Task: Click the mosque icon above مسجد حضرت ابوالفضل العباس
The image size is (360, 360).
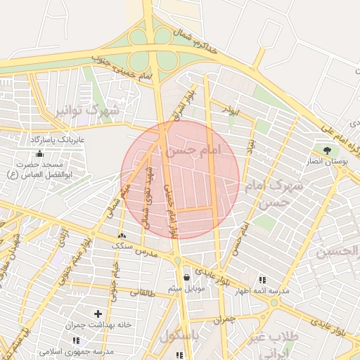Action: tap(40, 153)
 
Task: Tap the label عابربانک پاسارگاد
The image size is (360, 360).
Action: tap(58, 140)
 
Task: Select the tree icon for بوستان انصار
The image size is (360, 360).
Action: tap(327, 150)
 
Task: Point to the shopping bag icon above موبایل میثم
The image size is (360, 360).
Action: tap(186, 277)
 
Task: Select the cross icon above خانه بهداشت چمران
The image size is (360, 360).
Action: tap(97, 314)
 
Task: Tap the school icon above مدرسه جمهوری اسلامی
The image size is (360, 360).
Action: tap(75, 340)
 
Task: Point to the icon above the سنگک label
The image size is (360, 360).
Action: tap(122, 236)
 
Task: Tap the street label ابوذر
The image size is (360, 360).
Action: tap(230, 109)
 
